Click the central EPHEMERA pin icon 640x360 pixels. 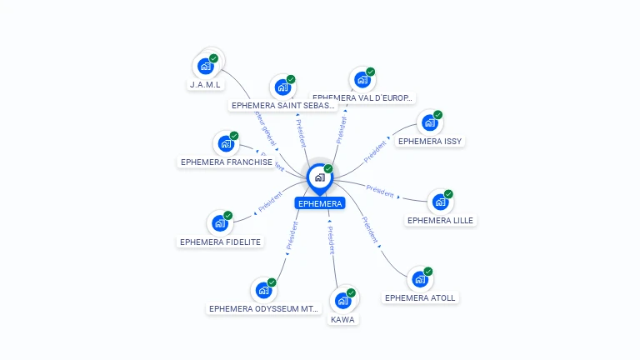[x=319, y=177]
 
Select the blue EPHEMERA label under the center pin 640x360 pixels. [x=319, y=203]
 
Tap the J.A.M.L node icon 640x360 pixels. [x=205, y=66]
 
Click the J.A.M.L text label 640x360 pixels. [x=205, y=84]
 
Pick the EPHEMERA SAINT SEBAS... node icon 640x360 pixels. [x=282, y=87]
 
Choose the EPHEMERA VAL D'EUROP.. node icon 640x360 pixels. [x=362, y=79]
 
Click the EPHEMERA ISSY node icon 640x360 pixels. [x=429, y=122]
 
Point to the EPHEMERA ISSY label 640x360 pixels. [x=429, y=141]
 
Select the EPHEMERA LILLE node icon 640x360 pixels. [x=439, y=202]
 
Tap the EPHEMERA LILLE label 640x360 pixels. [x=441, y=220]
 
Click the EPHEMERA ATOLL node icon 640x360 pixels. [x=419, y=279]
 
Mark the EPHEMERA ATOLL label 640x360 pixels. [x=421, y=297]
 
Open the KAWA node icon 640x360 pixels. [x=342, y=301]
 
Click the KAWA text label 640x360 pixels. [x=342, y=319]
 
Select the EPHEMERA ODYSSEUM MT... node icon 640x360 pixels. [x=262, y=290]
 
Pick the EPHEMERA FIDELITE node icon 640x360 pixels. [x=219, y=222]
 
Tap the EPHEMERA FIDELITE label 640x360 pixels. [x=220, y=242]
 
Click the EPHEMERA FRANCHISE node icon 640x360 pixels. [x=225, y=143]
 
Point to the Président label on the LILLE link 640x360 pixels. [x=380, y=191]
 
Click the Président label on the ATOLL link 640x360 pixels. [x=370, y=229]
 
